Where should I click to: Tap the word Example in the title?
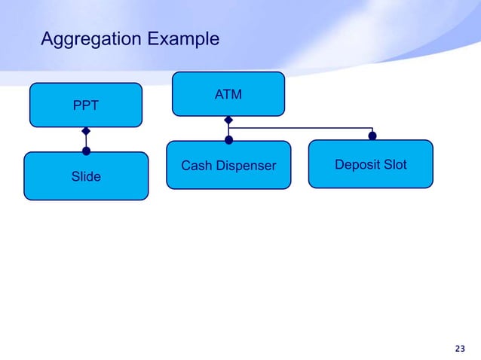click(181, 38)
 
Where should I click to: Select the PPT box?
click(85, 105)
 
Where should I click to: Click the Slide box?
click(86, 176)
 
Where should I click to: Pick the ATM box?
click(228, 94)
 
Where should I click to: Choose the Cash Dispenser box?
click(228, 165)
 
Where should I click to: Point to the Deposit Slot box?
click(371, 164)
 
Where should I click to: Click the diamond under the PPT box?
click(86, 130)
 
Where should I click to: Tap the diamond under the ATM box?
click(228, 120)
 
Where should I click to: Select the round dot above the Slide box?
click(86, 151)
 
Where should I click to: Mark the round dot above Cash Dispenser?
click(228, 139)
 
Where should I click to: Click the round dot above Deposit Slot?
click(372, 136)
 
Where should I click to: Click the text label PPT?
click(85, 106)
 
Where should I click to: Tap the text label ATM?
click(228, 95)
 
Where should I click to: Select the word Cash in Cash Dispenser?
click(196, 166)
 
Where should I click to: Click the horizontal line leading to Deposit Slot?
click(302, 128)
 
